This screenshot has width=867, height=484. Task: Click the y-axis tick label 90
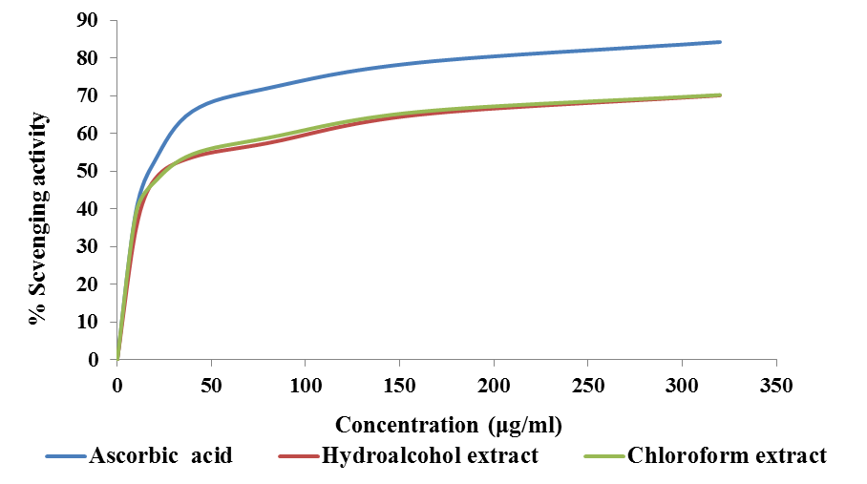pos(88,20)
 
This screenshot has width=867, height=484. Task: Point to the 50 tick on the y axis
pos(88,171)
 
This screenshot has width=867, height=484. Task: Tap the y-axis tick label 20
pos(88,284)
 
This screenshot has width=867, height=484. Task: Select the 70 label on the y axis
pos(88,95)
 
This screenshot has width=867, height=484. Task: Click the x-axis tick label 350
pos(776,386)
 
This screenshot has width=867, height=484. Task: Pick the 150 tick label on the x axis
pos(399,386)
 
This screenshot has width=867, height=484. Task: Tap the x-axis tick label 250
pos(588,386)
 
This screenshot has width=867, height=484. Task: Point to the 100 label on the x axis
pos(306,386)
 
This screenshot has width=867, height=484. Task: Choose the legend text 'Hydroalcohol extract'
pos(430,455)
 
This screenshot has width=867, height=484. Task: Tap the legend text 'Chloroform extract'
pos(727,455)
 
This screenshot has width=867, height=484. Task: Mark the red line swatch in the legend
pos(298,456)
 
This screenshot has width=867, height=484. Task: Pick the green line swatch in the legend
pos(603,456)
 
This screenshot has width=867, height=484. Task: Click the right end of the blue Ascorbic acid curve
pos(720,42)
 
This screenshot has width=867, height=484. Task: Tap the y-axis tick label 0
pos(93,360)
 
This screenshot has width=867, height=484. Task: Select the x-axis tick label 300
pos(682,386)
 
